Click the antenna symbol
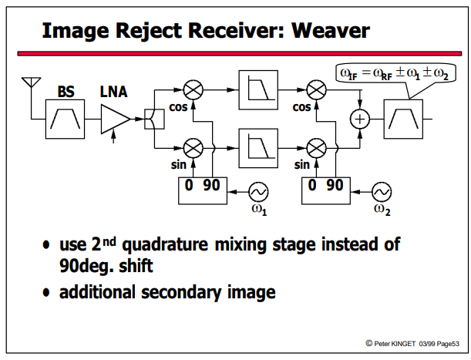(32, 82)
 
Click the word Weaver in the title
(331, 31)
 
